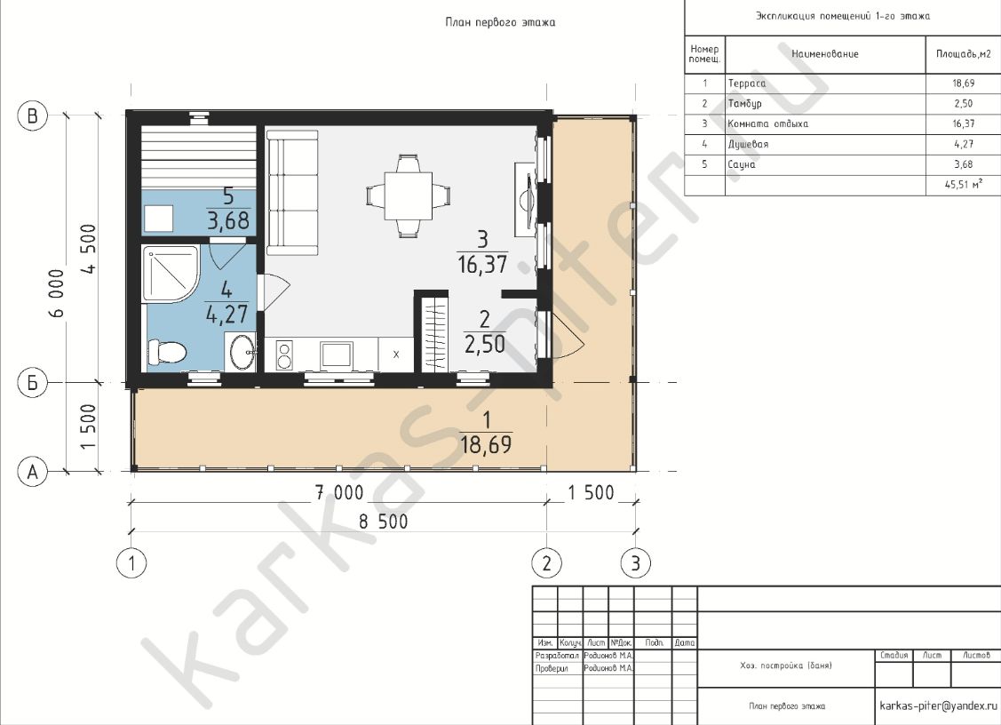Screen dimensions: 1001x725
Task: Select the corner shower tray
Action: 171,274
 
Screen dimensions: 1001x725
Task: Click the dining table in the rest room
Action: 409,195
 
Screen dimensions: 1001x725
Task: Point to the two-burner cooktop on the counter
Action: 284,355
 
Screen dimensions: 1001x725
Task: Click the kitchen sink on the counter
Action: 337,354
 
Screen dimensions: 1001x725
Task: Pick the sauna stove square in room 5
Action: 158,219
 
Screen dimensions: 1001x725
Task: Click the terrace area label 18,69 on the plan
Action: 486,444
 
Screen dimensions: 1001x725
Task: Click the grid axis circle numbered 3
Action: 636,563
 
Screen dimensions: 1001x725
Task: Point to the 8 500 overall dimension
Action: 383,522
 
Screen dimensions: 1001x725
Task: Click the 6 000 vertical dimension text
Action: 56,293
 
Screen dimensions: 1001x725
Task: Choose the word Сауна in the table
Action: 742,164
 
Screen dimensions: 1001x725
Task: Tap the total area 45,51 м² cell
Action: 964,185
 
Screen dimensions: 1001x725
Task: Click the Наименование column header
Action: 825,54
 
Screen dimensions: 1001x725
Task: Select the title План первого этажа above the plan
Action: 500,22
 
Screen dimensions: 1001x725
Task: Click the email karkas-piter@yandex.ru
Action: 938,705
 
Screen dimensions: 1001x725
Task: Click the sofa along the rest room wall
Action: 291,193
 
